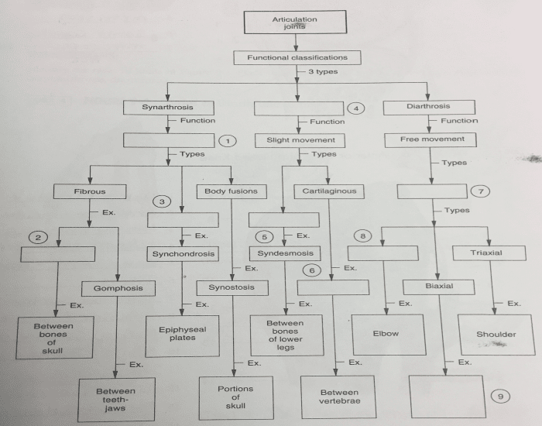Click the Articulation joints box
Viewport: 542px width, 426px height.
295,22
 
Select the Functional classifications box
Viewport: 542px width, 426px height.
297,57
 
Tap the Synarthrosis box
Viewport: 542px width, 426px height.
167,106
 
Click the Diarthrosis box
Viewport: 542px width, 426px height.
427,106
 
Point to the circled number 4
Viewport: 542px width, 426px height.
356,108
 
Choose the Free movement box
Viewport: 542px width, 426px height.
432,139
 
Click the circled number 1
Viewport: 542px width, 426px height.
226,141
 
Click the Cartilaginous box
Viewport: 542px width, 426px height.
324,190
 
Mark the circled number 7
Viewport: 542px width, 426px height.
482,191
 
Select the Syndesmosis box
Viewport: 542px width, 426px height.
285,253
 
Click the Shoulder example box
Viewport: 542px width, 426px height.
496,335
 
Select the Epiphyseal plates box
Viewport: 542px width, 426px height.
177,335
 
